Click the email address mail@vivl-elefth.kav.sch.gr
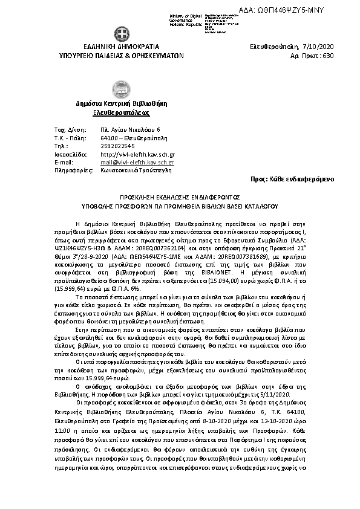(x=137, y=163)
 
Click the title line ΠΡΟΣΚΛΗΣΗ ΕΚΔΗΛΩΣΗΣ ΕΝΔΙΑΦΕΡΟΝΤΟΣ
(x=180, y=197)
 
